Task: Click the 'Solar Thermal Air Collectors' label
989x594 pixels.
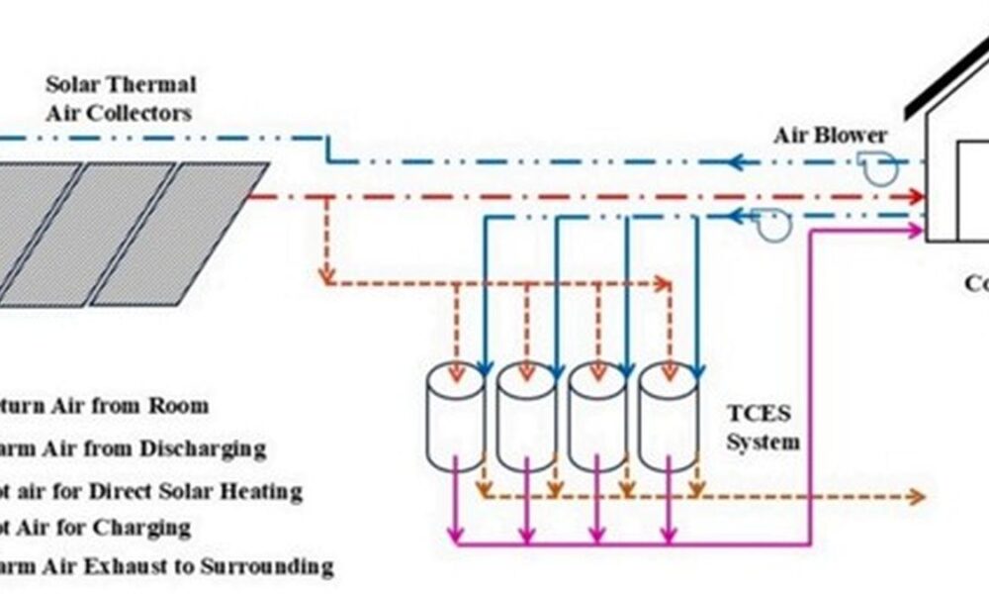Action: pyautogui.click(x=120, y=98)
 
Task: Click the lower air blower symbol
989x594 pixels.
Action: pyautogui.click(x=773, y=226)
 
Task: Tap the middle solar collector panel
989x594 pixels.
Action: pyautogui.click(x=93, y=233)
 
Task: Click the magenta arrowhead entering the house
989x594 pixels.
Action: pyautogui.click(x=914, y=231)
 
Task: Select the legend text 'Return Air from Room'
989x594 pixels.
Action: pyautogui.click(x=104, y=406)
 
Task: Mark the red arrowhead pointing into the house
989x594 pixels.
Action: pyautogui.click(x=914, y=198)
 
